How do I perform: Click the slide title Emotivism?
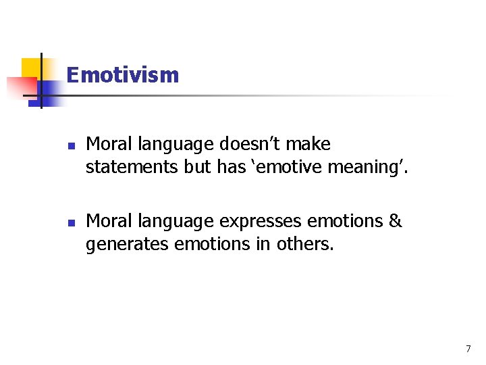click(123, 75)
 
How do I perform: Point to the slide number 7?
click(468, 349)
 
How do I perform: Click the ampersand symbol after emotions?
click(396, 222)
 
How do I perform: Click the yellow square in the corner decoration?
click(31, 68)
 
